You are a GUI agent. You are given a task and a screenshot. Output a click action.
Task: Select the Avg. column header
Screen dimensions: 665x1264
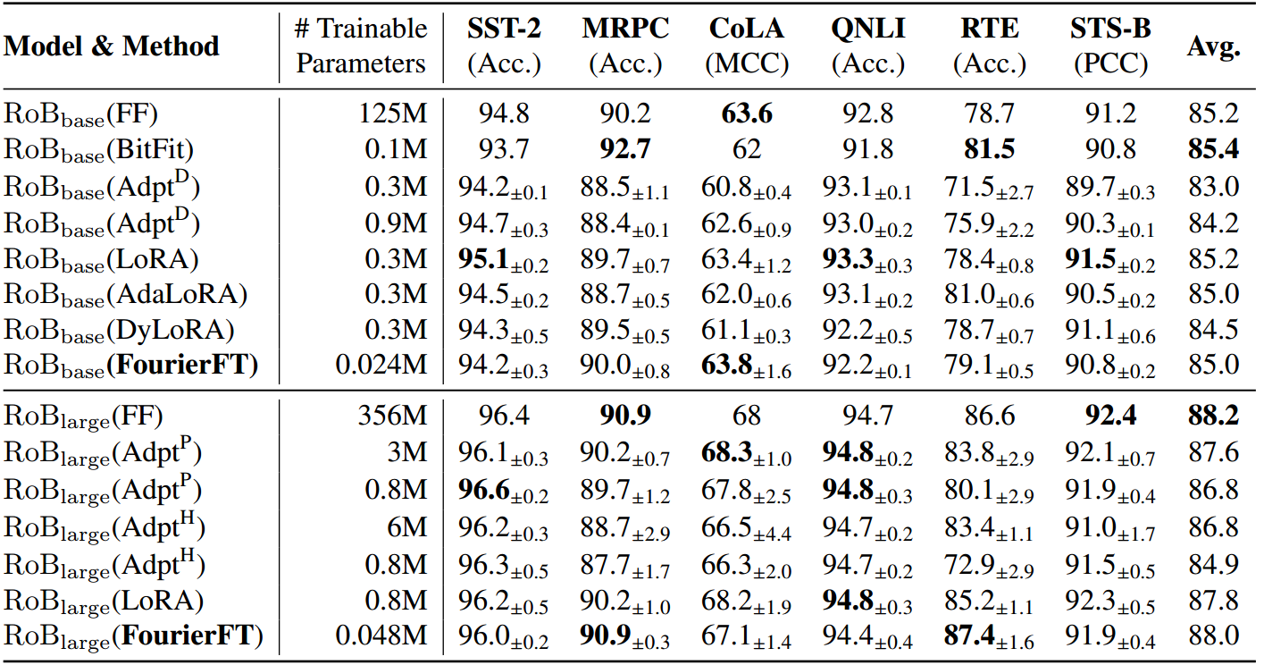point(1213,46)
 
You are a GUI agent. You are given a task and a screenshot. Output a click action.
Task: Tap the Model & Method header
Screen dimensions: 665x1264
point(112,46)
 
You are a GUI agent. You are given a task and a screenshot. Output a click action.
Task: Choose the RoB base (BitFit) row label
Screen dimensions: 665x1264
point(100,149)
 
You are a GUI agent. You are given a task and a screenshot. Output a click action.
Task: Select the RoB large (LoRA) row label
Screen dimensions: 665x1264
point(105,601)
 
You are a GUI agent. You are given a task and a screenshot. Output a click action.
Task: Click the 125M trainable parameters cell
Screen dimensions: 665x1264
point(394,114)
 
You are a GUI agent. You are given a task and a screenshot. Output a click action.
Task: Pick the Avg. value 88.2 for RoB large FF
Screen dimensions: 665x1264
point(1213,417)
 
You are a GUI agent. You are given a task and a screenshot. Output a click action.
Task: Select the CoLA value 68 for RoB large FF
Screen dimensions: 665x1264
point(747,417)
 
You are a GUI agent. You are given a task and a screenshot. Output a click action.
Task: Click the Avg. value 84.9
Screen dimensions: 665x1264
point(1213,565)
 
